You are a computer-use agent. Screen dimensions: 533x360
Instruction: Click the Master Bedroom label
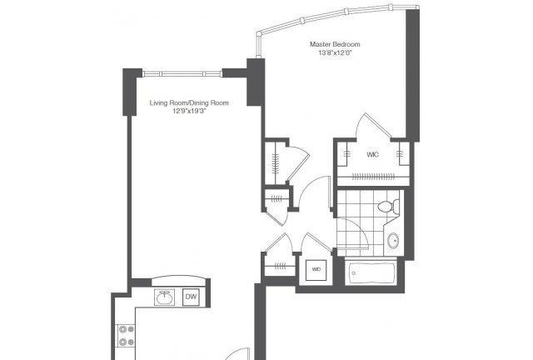[x=335, y=44]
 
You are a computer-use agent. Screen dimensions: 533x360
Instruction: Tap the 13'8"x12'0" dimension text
[x=335, y=52]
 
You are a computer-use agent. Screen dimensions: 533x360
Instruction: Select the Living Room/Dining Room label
[x=189, y=102]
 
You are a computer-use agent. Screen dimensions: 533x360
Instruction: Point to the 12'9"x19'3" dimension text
[x=189, y=111]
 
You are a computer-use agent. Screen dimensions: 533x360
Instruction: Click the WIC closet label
[x=372, y=155]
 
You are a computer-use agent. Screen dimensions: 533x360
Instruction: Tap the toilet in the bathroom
[x=388, y=206]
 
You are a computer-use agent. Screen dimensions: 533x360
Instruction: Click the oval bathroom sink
[x=394, y=241]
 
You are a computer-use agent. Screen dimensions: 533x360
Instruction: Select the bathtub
[x=371, y=272]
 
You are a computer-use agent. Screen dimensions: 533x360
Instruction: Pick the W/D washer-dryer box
[x=316, y=270]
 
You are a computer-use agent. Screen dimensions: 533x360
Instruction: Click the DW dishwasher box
[x=191, y=297]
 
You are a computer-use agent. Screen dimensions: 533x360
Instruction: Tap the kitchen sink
[x=165, y=297]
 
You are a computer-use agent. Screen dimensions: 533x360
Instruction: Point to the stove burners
[x=126, y=336]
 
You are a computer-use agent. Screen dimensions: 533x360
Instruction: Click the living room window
[x=182, y=74]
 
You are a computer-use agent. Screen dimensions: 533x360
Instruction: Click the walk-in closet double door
[x=373, y=127]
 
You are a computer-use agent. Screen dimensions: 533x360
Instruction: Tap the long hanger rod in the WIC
[x=373, y=177]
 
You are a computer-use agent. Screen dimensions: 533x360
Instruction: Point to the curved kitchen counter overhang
[x=179, y=279]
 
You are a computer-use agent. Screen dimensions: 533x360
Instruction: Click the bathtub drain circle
[x=354, y=272]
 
